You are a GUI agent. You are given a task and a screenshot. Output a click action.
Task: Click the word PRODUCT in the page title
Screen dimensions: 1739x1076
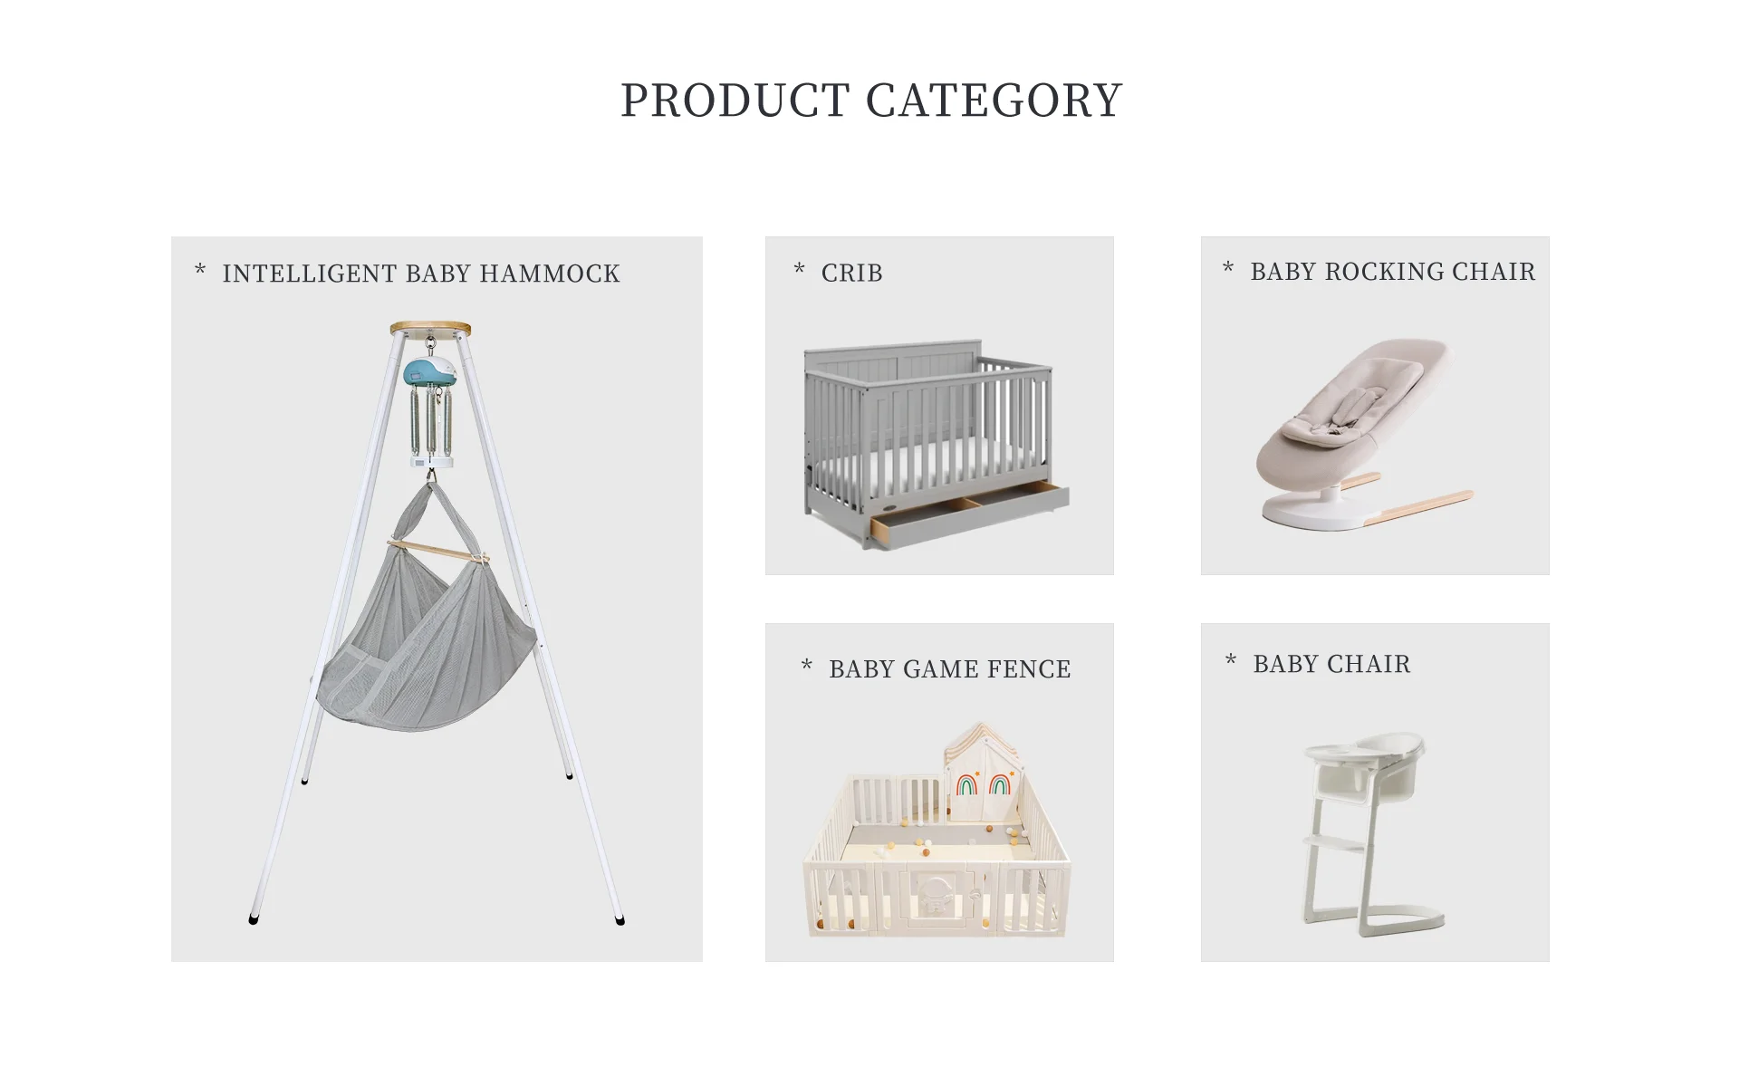(x=735, y=101)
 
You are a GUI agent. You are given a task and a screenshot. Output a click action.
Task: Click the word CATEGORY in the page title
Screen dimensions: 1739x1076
(x=994, y=101)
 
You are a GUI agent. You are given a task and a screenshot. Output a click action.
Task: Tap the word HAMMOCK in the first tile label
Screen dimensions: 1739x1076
(x=550, y=274)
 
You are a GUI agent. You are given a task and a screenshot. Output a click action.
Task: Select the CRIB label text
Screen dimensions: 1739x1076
(x=851, y=273)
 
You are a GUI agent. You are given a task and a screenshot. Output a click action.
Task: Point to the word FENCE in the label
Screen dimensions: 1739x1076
(x=1028, y=669)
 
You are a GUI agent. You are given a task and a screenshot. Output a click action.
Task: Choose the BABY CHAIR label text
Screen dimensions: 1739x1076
(x=1331, y=664)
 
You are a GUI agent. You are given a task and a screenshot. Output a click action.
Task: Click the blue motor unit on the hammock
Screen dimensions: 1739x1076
(x=429, y=370)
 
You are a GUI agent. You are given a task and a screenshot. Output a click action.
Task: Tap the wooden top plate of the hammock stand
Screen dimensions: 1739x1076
(x=430, y=329)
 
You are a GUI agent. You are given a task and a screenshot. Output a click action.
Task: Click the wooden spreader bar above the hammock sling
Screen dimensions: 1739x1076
(x=438, y=550)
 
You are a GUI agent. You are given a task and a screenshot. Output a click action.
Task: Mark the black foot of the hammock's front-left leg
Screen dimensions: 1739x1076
(x=253, y=919)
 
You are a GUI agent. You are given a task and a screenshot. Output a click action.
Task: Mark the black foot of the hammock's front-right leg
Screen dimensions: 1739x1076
(x=620, y=920)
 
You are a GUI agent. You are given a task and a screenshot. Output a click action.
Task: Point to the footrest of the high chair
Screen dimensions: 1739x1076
(x=1334, y=845)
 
